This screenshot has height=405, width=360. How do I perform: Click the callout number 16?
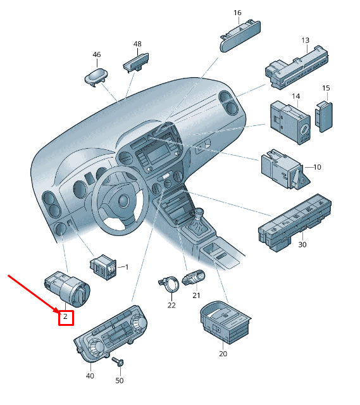[x=237, y=13]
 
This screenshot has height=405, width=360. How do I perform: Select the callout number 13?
[x=305, y=40]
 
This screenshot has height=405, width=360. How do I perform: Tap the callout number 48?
[x=137, y=44]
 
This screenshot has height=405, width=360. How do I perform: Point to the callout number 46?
[x=97, y=54]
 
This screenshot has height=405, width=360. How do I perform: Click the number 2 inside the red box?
[x=65, y=316]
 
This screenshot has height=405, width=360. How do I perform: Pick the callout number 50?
[x=120, y=380]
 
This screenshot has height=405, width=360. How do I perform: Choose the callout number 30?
[x=302, y=244]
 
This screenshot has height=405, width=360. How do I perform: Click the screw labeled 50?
[x=118, y=361]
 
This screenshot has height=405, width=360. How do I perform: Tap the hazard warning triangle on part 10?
[x=301, y=178]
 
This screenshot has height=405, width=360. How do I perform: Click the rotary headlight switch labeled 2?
[x=67, y=289]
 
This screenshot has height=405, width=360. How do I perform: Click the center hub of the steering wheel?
[x=124, y=200]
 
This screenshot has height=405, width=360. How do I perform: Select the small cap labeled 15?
[x=323, y=116]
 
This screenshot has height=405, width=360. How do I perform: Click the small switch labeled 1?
[x=102, y=267]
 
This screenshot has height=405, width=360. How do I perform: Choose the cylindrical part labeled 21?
[x=194, y=277]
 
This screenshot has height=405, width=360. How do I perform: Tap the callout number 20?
[x=223, y=354]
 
